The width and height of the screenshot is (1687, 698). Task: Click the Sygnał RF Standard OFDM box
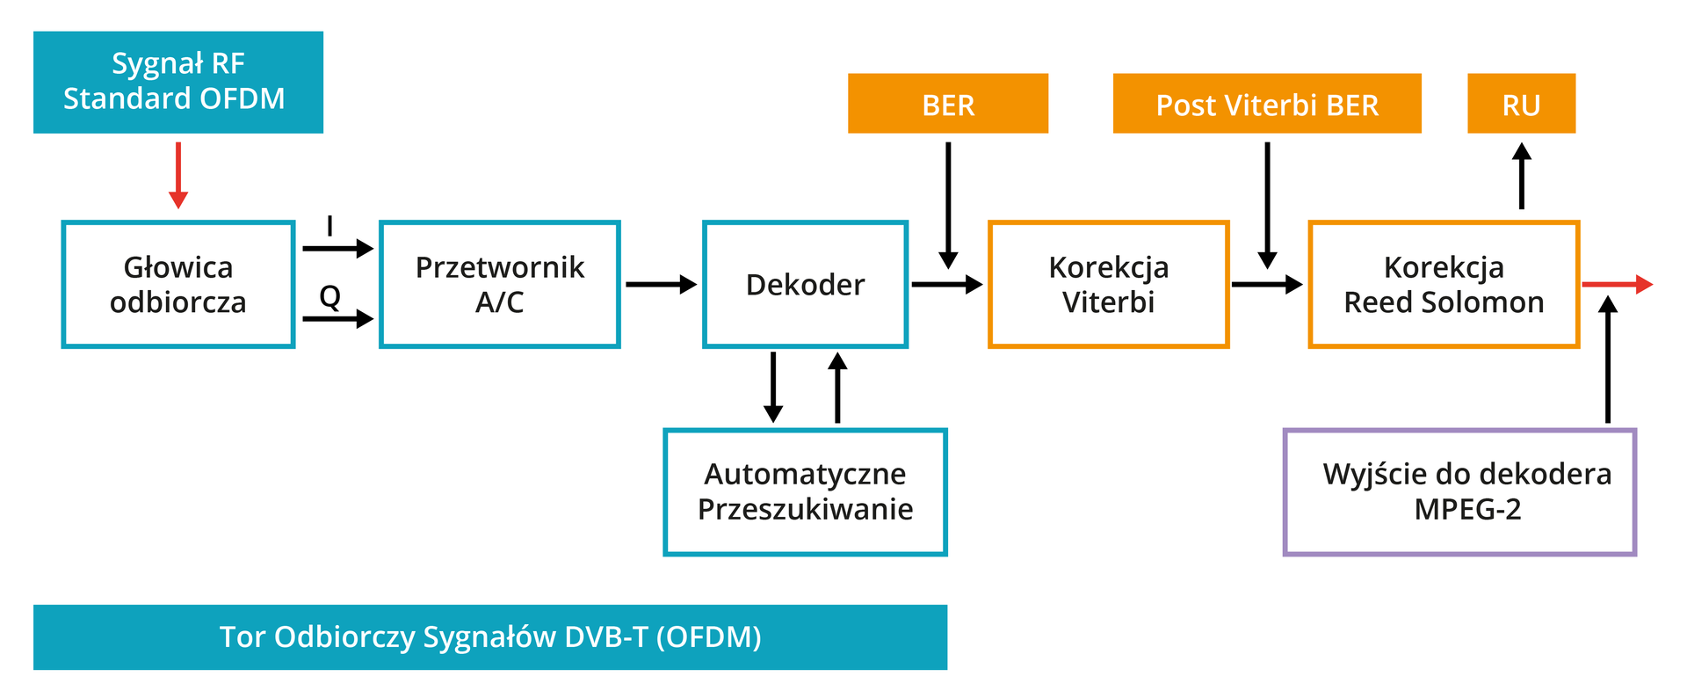(x=177, y=82)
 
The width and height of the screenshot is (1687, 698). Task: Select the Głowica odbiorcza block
(x=177, y=284)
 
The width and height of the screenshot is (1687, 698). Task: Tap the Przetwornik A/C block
(x=499, y=284)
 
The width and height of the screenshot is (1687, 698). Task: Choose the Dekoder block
(x=805, y=284)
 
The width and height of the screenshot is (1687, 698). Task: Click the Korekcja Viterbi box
(x=1108, y=284)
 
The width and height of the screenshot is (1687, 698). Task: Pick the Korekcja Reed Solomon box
(x=1443, y=284)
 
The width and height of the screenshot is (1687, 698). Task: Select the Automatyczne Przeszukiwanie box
(x=805, y=491)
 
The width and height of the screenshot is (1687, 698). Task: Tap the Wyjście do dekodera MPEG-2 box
(x=1459, y=491)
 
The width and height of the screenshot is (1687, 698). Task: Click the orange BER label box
(x=947, y=104)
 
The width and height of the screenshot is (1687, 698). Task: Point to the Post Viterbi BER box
(x=1266, y=104)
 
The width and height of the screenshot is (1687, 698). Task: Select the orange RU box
(x=1521, y=104)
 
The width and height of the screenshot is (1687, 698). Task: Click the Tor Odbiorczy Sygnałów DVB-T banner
(x=490, y=636)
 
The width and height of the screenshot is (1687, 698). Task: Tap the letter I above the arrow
(x=329, y=227)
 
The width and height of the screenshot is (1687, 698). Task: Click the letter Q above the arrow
(x=329, y=297)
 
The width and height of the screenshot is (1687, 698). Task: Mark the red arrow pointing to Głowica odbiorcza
(x=178, y=176)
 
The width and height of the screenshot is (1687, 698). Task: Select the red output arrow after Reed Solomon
(x=1617, y=284)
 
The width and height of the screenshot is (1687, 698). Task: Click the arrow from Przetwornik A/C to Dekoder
(x=661, y=284)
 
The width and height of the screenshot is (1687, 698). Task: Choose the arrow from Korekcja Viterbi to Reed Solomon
(x=1266, y=284)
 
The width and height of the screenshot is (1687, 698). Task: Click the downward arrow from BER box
(x=947, y=204)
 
